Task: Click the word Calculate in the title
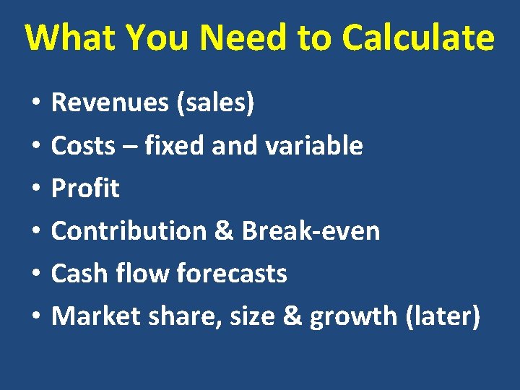418,38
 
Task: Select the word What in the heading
70,38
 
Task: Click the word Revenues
110,103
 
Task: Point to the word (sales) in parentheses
215,103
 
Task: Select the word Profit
85,188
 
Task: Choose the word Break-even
311,231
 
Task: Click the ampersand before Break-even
226,231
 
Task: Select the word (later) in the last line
443,316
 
